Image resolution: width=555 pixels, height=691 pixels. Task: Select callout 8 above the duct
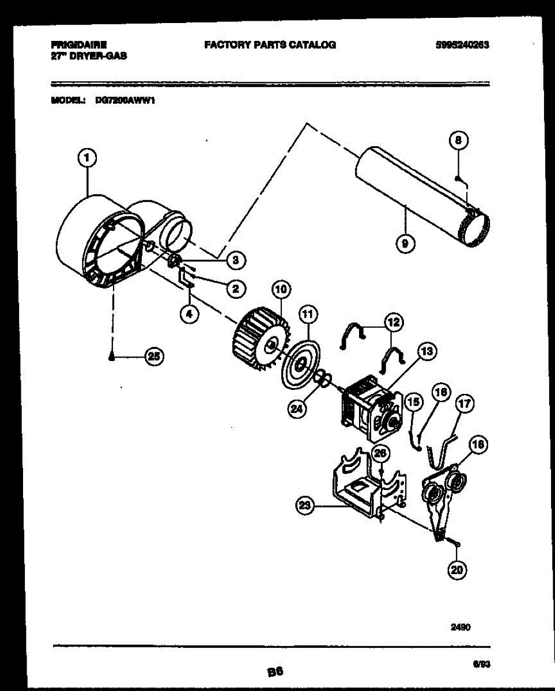click(x=458, y=141)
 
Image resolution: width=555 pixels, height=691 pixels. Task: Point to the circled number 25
click(x=153, y=357)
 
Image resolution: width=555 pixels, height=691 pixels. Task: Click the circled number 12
click(x=395, y=323)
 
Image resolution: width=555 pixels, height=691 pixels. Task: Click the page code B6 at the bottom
click(x=275, y=671)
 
